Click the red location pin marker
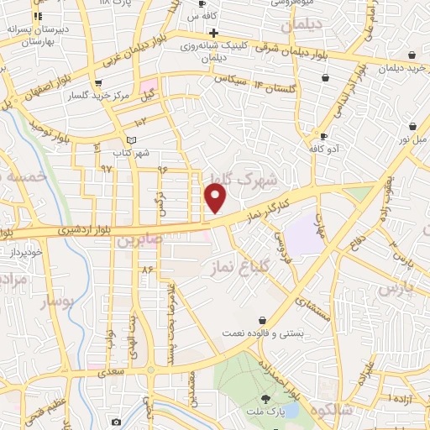click(x=217, y=197)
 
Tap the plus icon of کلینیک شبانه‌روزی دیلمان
click(x=215, y=33)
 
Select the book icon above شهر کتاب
click(x=128, y=140)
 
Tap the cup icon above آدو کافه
click(x=323, y=136)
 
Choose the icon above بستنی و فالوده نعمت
click(x=264, y=320)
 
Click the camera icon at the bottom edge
click(x=116, y=422)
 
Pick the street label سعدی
click(x=112, y=370)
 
